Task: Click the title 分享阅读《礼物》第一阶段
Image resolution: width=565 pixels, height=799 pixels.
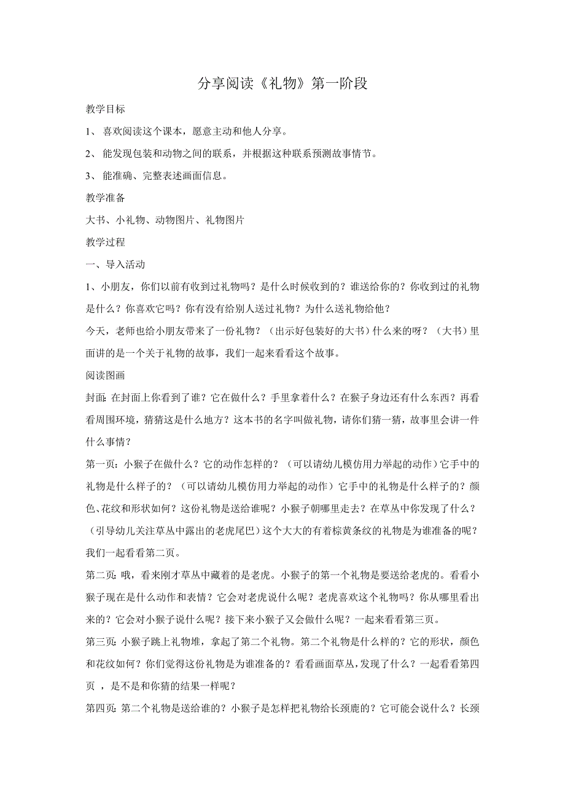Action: [282, 84]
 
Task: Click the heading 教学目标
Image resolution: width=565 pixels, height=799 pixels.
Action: [105, 109]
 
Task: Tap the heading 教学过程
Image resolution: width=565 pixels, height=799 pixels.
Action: [105, 242]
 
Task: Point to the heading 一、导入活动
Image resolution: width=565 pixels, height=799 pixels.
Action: [115, 264]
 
